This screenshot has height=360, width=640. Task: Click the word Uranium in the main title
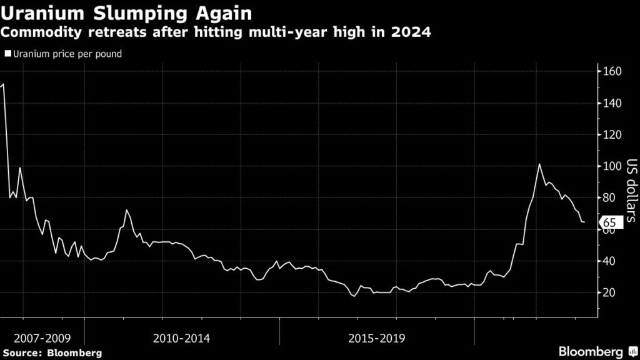(39, 12)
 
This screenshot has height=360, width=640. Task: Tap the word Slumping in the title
(122, 12)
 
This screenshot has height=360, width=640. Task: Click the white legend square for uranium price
(7, 54)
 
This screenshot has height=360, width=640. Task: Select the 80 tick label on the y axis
(610, 197)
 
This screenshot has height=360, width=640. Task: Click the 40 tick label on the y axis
(610, 261)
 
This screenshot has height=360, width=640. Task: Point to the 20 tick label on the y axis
(610, 292)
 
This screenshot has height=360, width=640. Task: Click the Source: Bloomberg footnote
(51, 353)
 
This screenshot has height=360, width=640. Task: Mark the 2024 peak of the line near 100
(539, 164)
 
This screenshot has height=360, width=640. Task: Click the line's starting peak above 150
(4, 84)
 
